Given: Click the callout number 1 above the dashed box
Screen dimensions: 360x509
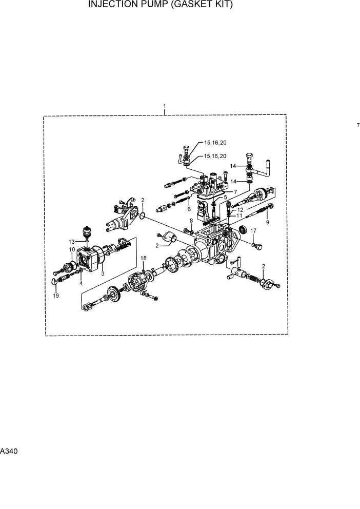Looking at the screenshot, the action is [164, 107].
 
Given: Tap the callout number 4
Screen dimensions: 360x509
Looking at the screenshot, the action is [81, 283].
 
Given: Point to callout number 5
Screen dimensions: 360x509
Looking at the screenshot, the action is [225, 197].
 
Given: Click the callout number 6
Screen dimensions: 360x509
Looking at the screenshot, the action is [189, 209].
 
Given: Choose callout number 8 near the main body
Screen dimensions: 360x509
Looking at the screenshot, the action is [191, 220].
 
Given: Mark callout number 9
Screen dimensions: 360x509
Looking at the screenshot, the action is [267, 222].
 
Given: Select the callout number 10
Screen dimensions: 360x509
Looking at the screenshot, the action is [71, 249].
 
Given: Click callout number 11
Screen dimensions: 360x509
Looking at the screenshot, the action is [239, 216].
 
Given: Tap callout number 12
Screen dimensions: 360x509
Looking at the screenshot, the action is [240, 210].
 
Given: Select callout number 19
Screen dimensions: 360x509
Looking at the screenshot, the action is [55, 296].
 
